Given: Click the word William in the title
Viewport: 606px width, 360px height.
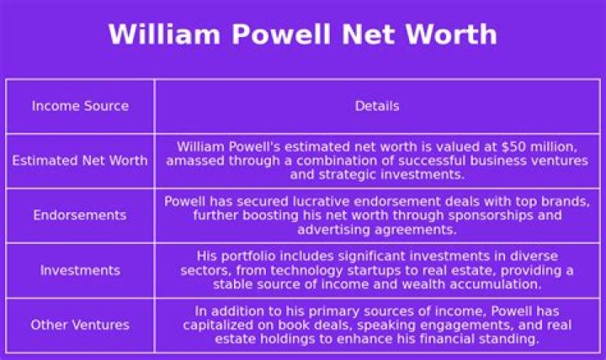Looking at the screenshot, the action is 164,34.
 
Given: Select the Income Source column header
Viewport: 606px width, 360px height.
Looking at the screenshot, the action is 80,106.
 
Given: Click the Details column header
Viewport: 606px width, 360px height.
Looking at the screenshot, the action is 377,106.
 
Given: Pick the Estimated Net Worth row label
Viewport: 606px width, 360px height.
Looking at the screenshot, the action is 80,161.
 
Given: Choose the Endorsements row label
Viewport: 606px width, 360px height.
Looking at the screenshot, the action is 80,214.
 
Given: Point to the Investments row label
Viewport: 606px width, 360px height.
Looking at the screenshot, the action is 80,270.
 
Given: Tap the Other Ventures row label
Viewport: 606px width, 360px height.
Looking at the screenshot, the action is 80,325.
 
